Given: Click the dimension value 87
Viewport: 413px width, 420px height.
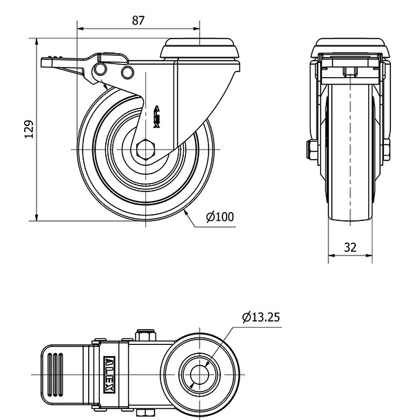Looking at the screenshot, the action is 138,21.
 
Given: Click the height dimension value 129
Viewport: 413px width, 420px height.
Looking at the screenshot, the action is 29,129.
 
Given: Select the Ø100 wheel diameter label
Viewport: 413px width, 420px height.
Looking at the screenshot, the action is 220,217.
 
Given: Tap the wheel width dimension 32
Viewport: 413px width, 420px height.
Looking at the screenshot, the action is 350,247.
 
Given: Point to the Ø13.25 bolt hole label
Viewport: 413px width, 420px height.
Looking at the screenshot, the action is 261,317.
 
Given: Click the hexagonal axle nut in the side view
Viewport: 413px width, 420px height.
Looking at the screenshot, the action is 145,149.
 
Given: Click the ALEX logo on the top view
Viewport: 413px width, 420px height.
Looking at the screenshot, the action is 109,375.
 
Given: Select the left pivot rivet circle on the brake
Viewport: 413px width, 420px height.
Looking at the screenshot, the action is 100,70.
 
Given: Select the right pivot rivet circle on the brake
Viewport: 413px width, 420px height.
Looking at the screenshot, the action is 127,72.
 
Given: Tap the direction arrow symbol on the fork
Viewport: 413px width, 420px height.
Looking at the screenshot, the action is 157,117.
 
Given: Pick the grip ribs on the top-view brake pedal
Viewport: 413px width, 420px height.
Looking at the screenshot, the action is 55,375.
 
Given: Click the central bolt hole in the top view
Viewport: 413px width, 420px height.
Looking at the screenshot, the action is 200,375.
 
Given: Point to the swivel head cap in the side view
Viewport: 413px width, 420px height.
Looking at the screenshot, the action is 200,48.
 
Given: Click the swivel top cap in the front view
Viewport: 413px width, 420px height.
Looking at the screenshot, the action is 350,48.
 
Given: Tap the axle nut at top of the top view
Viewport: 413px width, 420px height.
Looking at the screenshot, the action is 146,335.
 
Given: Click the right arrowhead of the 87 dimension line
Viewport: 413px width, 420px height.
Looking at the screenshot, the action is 196,28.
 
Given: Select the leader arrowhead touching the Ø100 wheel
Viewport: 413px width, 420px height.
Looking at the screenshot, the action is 186,213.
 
